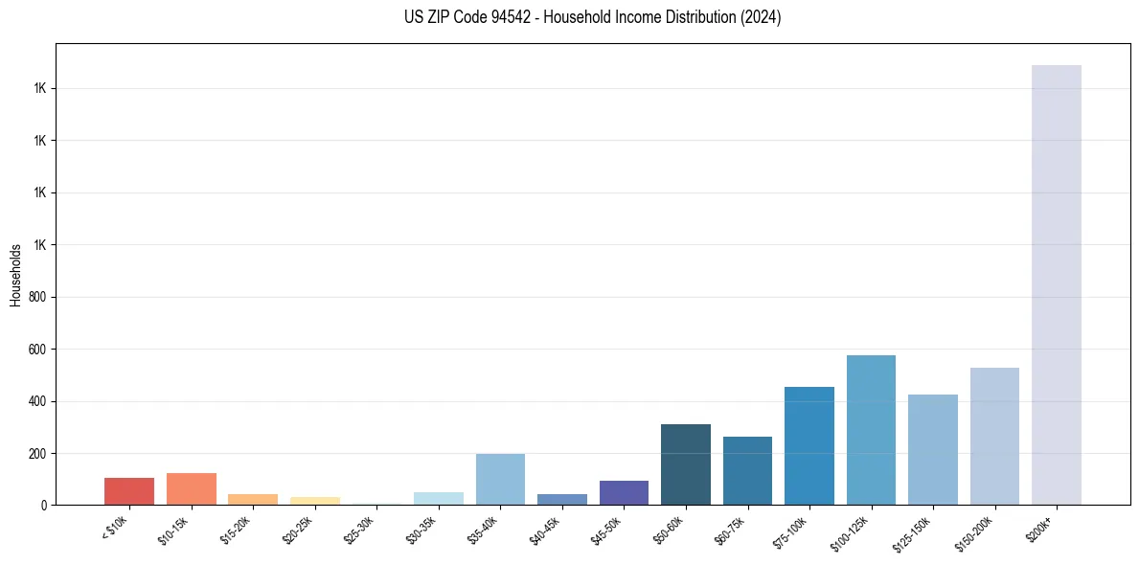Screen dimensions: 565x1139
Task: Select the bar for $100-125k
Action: (x=871, y=430)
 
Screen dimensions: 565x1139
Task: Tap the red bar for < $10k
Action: (x=129, y=491)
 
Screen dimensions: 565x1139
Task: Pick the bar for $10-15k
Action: (x=191, y=488)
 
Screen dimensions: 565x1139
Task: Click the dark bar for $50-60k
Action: (x=686, y=464)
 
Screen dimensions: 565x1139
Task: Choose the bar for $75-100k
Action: (x=809, y=445)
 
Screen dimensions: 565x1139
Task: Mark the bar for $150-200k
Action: (x=994, y=436)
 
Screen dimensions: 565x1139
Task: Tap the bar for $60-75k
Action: (x=747, y=470)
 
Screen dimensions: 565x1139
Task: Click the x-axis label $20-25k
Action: (x=298, y=530)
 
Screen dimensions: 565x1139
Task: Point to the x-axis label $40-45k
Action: (x=545, y=530)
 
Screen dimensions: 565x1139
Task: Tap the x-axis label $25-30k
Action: (x=359, y=530)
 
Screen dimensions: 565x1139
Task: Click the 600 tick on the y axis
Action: (x=39, y=350)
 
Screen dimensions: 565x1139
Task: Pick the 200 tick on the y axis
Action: (x=39, y=453)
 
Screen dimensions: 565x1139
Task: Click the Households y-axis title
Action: (x=15, y=275)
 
